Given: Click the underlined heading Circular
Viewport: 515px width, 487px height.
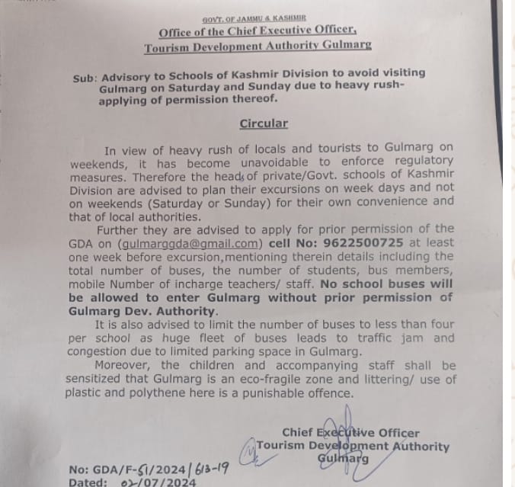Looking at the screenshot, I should (264, 123).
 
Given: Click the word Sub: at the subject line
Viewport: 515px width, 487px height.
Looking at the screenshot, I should (85, 78).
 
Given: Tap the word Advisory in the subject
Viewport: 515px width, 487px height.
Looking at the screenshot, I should (130, 75).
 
